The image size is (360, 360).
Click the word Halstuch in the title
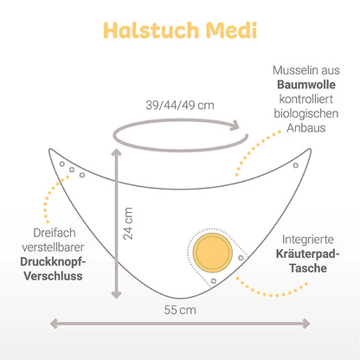pyautogui.click(x=151, y=30)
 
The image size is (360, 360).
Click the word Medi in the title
pyautogui.click(x=231, y=30)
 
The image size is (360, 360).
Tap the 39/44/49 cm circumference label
pyautogui.click(x=180, y=106)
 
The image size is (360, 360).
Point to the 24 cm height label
pyautogui.click(x=128, y=223)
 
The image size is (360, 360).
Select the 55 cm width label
pyautogui.click(x=180, y=310)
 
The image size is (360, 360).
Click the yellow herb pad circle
pyautogui.click(x=213, y=253)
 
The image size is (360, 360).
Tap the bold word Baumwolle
pyautogui.click(x=306, y=85)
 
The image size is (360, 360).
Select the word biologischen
pyautogui.click(x=306, y=113)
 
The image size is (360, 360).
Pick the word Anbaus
pyautogui.click(x=306, y=128)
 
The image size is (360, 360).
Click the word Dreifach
pyautogui.click(x=55, y=233)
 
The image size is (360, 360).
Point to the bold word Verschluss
pyautogui.click(x=53, y=276)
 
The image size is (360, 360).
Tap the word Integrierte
pyautogui.click(x=308, y=240)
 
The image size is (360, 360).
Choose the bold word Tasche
pyautogui.click(x=308, y=268)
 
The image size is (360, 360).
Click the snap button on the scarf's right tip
pyautogui.click(x=296, y=165)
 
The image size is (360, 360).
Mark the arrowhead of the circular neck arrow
pyautogui.click(x=235, y=125)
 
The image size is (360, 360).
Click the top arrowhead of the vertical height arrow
pyautogui.click(x=117, y=152)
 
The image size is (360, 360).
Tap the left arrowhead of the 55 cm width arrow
pyautogui.click(x=55, y=324)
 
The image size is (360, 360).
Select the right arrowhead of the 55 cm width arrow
pyautogui.click(x=306, y=324)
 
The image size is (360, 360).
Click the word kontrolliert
pyautogui.click(x=306, y=100)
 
